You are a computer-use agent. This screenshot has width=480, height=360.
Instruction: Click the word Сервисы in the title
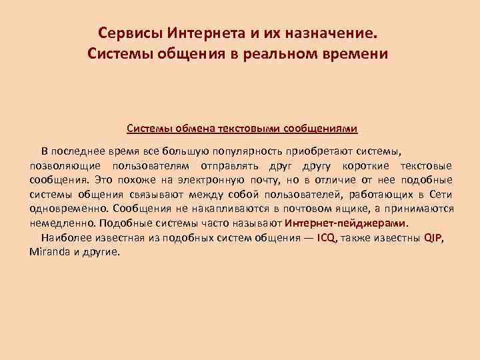[x=125, y=33]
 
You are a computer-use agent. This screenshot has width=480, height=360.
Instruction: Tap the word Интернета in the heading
[x=197, y=33]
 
